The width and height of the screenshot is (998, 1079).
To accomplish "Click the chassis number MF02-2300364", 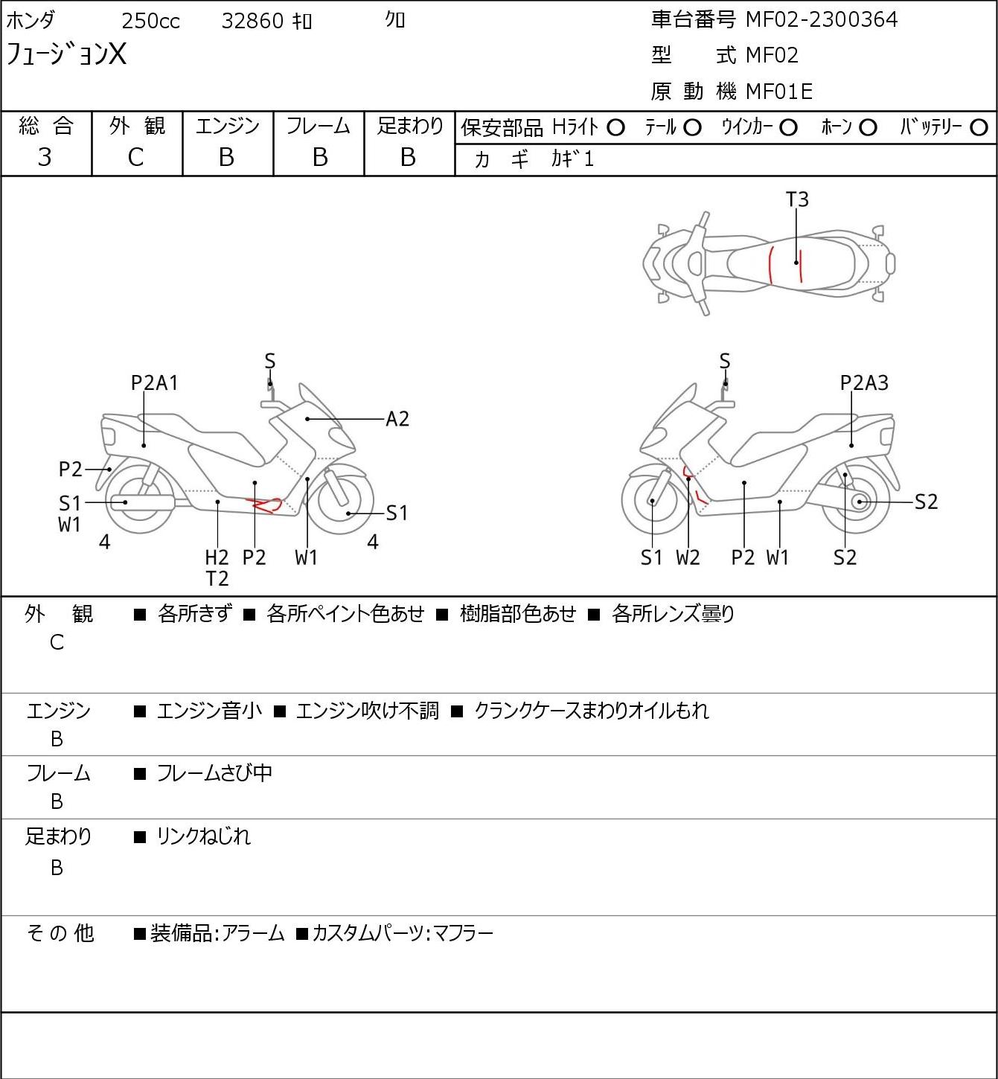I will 821,19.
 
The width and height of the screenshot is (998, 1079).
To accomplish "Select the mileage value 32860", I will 252,21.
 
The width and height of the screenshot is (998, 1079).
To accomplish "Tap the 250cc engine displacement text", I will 150,21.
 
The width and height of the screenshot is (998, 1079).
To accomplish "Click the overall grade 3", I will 45,157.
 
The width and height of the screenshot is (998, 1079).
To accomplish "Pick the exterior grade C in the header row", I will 135,157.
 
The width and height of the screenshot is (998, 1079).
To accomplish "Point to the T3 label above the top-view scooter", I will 797,199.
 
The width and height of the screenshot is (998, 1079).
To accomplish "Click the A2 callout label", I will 397,419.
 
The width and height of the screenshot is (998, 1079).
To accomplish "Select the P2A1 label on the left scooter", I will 154,382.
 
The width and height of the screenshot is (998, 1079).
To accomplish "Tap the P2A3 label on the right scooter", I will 864,382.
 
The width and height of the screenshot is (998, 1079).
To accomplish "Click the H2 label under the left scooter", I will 217,557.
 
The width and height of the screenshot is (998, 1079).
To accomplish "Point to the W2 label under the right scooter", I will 688,557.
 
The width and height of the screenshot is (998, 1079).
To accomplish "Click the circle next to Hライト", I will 615,127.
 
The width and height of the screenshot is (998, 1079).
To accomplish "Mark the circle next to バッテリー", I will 979,127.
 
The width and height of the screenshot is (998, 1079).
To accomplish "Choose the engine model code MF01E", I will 778,92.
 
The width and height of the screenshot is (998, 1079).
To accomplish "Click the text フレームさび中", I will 214,773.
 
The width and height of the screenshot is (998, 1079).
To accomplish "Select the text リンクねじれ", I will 203,836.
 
